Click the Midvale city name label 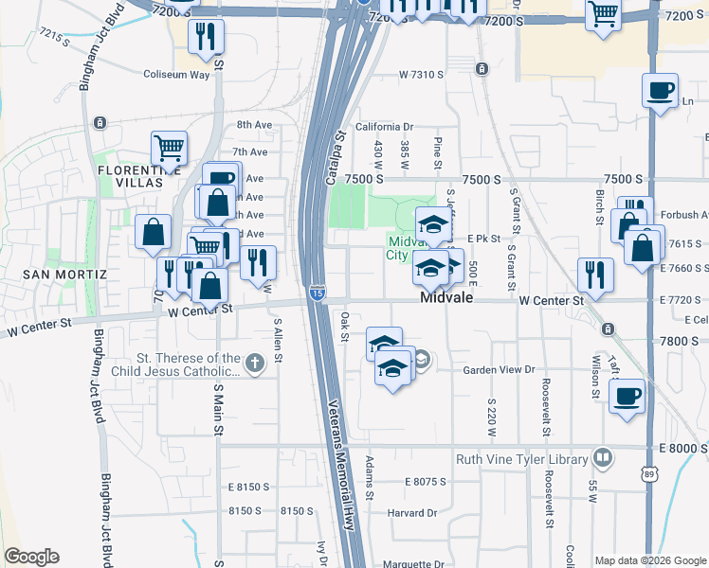(x=447, y=298)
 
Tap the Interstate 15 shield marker (x=317, y=294)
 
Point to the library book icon (x=602, y=459)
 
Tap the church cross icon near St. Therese (x=254, y=364)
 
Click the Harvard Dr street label (x=410, y=513)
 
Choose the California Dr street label (x=385, y=126)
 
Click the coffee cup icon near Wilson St (x=627, y=396)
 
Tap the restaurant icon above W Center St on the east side (x=595, y=275)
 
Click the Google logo (x=31, y=557)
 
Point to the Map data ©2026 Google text (x=649, y=559)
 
